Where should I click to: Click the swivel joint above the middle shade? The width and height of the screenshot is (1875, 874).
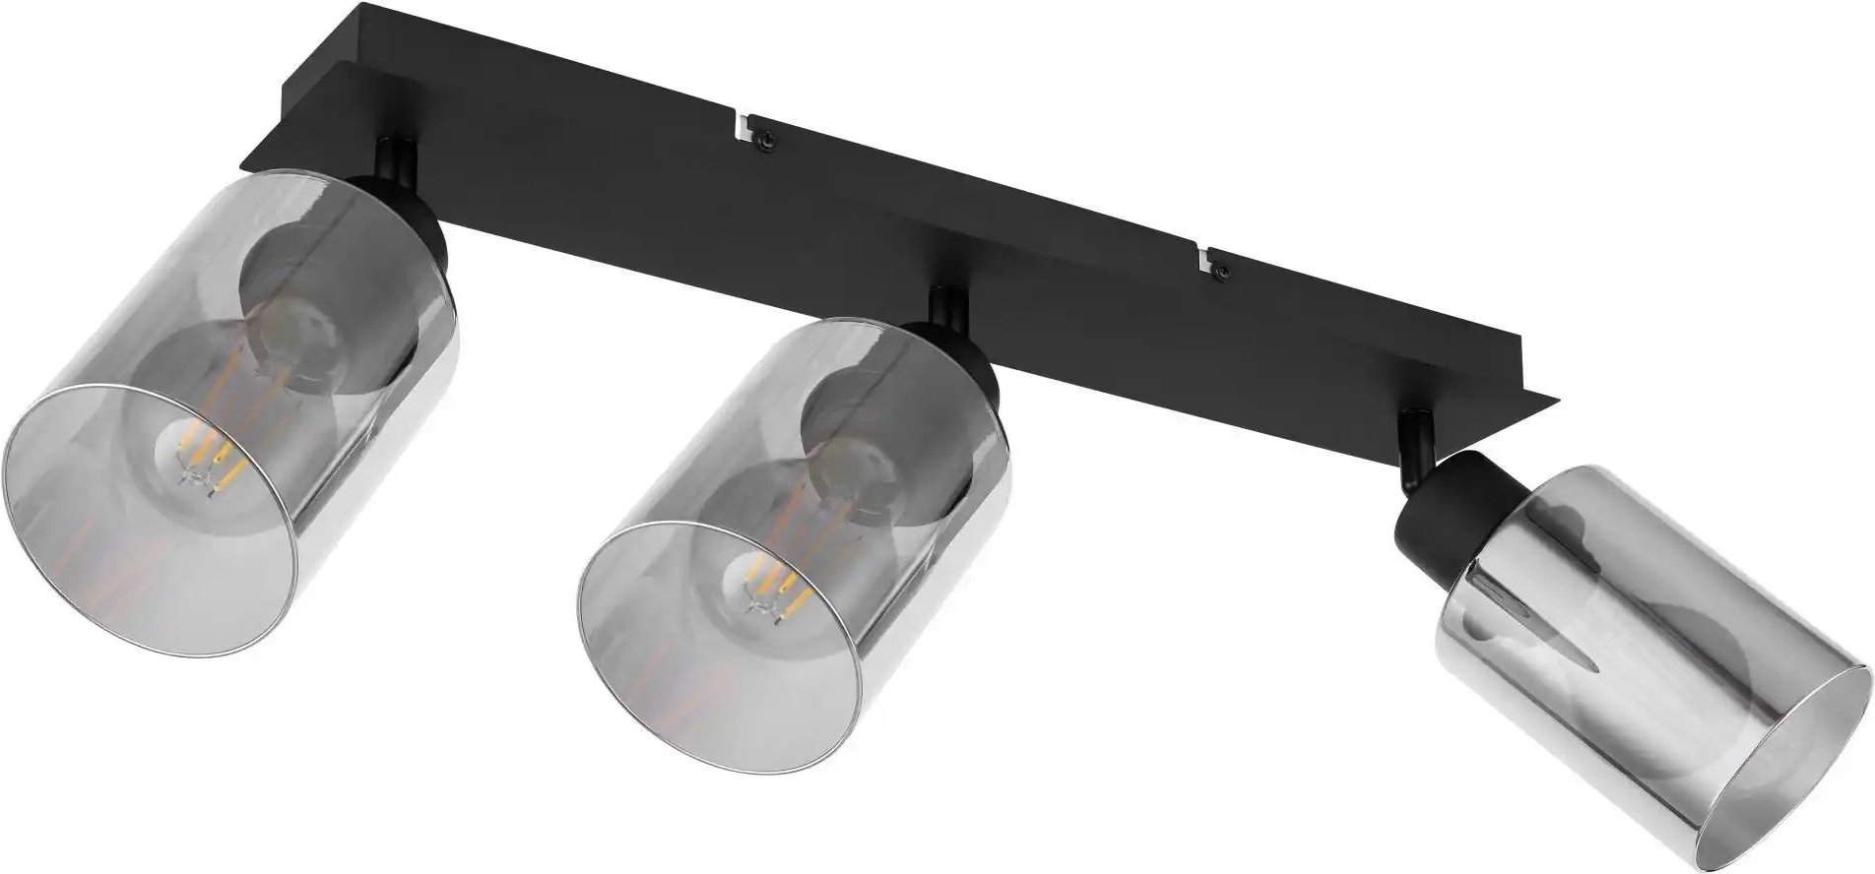pos(949,304)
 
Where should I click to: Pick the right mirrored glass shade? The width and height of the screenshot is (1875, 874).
pos(1615,679)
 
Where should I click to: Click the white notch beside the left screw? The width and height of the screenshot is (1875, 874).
pos(743,124)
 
